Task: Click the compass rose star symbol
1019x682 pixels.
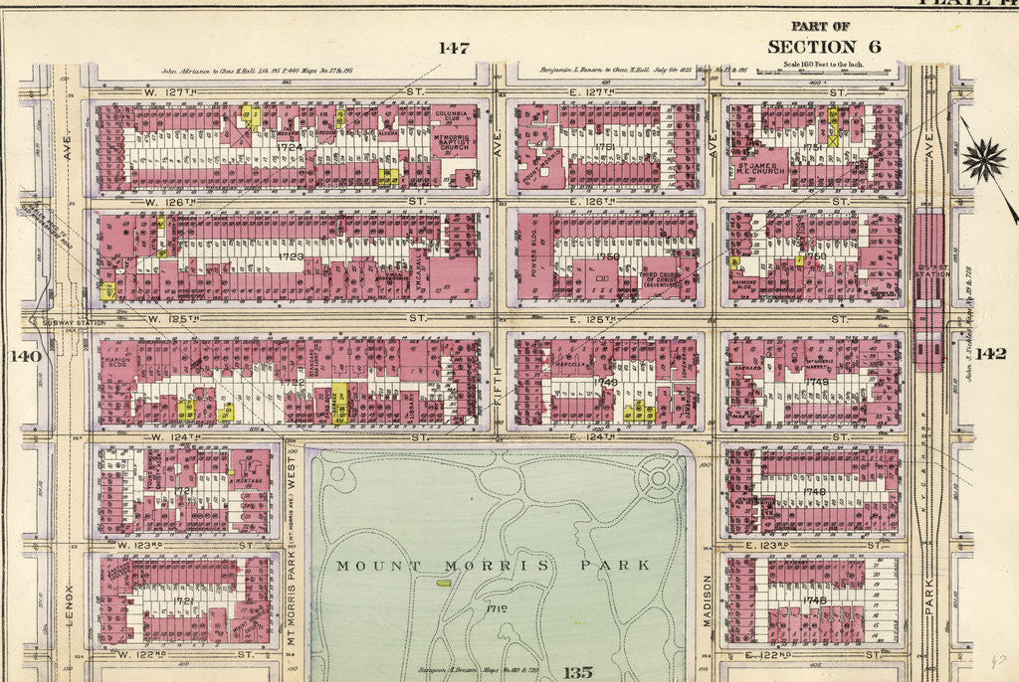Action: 983,160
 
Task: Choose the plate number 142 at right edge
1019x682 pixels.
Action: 990,354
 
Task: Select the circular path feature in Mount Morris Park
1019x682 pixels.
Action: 658,480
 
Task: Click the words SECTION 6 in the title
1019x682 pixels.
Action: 811,47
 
